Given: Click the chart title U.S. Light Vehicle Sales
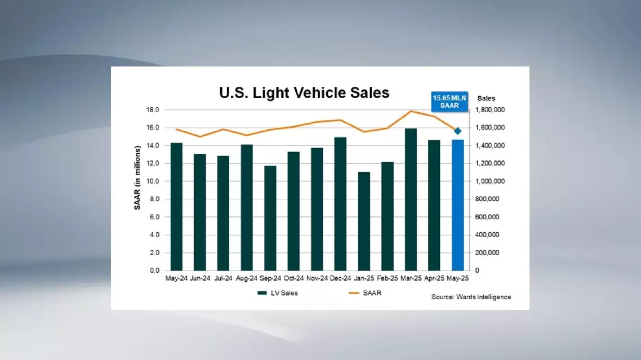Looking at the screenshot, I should [x=304, y=92].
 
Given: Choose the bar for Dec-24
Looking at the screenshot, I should [x=340, y=203].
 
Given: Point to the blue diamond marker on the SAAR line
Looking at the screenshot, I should [x=458, y=131].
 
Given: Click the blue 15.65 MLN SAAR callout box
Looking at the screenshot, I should [x=449, y=102].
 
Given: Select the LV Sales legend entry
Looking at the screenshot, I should [x=278, y=293].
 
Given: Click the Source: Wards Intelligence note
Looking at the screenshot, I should [x=471, y=297].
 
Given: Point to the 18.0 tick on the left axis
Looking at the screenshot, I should [x=153, y=109].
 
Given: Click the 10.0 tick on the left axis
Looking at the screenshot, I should [x=153, y=181].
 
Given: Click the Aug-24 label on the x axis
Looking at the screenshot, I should [x=247, y=278].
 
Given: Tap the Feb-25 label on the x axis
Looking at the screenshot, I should [x=387, y=278].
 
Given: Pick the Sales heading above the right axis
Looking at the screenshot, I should [x=486, y=99].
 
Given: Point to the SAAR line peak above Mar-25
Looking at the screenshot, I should [x=411, y=111].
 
